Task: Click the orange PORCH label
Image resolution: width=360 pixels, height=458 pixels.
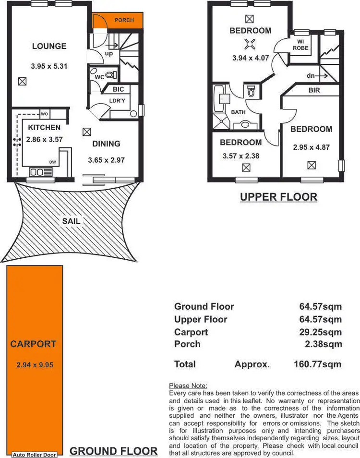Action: (124, 20)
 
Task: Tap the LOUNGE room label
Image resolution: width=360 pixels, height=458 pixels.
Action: (49, 47)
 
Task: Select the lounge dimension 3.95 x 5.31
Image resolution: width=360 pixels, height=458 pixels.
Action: (49, 66)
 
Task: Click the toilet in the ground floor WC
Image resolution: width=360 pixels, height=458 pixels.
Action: (110, 75)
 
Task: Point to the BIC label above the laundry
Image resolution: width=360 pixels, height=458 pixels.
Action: (119, 89)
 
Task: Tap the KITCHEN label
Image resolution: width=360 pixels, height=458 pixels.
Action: (44, 128)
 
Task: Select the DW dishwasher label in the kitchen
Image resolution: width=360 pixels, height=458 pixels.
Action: (52, 162)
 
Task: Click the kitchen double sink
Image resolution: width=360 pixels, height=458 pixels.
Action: (36, 172)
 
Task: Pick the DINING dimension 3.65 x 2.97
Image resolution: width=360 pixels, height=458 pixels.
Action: (107, 160)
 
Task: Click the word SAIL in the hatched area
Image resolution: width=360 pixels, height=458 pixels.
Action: (71, 221)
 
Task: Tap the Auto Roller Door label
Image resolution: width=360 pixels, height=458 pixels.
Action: (34, 455)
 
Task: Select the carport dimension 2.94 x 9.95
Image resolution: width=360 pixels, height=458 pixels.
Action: (34, 365)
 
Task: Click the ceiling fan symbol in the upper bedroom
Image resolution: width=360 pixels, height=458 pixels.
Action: (250, 45)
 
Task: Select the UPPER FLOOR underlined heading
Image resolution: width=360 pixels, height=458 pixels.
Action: (278, 197)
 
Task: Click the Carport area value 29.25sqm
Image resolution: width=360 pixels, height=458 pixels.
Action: (318, 332)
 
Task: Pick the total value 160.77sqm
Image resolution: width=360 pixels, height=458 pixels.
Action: (317, 364)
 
